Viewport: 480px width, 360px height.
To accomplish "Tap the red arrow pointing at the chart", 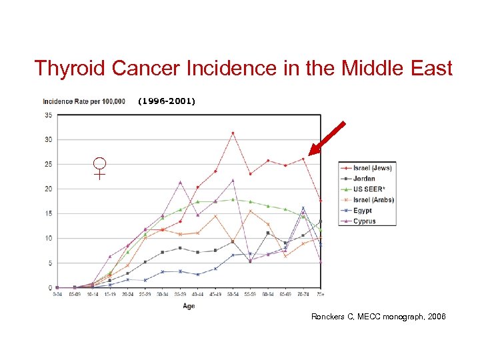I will click(327, 138).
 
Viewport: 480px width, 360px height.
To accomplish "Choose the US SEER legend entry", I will click(368, 189).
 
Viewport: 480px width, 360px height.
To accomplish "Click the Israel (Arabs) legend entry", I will click(373, 200).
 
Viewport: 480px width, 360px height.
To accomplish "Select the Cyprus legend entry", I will click(363, 221).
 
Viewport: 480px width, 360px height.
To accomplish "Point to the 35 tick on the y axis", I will click(49, 115).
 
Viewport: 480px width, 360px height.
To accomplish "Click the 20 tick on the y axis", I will click(49, 189).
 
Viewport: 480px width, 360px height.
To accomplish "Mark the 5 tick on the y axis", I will click(50, 263).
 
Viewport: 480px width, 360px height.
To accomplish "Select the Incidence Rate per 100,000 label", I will click(84, 101).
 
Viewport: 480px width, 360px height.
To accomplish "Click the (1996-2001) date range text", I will click(167, 101).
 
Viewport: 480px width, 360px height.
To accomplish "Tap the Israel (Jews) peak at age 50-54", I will click(233, 133).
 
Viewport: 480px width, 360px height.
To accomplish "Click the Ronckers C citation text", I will click(378, 316).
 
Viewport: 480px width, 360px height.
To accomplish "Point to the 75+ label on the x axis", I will click(321, 294).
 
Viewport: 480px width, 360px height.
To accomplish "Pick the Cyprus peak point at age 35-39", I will click(180, 182).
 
